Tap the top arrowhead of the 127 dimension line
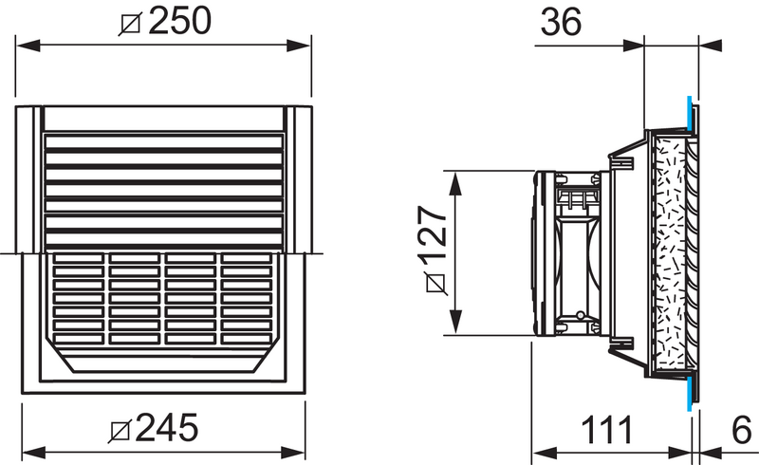pyautogui.click(x=456, y=177)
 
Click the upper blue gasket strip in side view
pyautogui.click(x=688, y=113)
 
